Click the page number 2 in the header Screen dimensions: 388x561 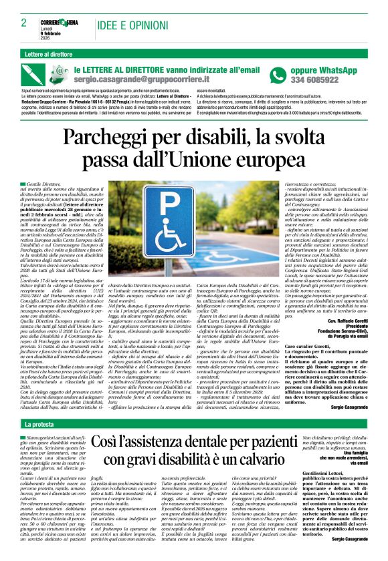(15, 23)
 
